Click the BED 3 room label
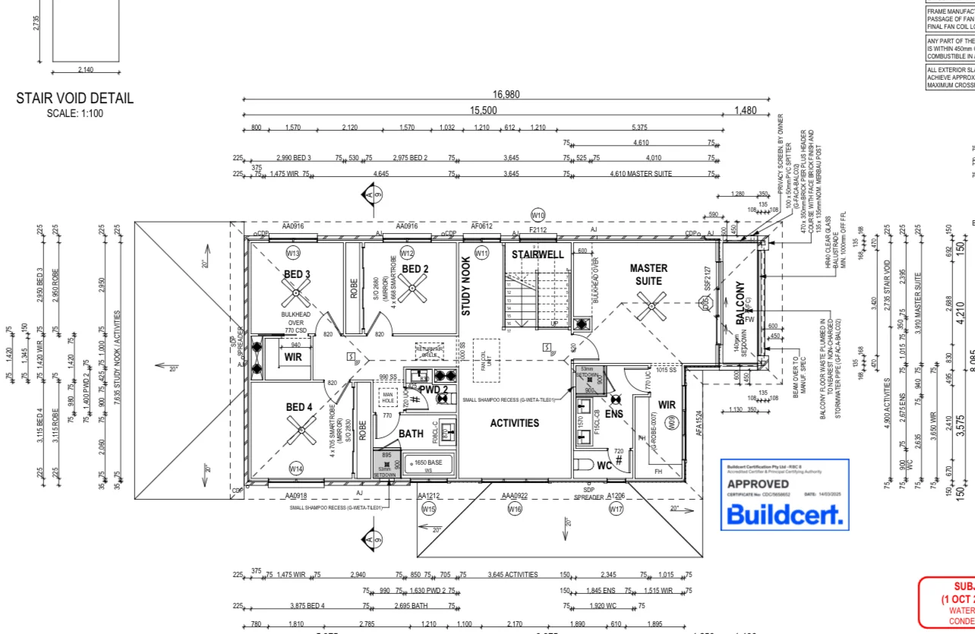[298, 274]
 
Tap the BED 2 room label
[415, 269]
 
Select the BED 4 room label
[299, 407]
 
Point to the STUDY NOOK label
[467, 286]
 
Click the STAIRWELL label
[538, 254]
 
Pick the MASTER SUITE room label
[648, 274]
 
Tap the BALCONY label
[740, 304]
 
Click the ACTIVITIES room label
[514, 423]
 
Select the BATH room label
[411, 434]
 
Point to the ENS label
[614, 414]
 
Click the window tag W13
[293, 253]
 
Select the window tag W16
[515, 509]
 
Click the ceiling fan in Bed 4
[301, 434]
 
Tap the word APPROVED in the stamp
[758, 484]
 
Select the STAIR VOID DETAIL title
[74, 98]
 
